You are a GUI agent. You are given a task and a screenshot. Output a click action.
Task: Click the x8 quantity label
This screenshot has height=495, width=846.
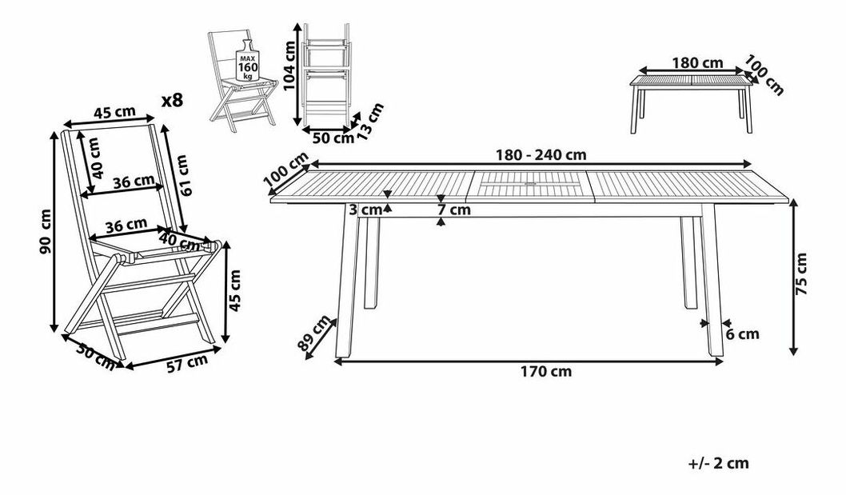pyautogui.click(x=172, y=101)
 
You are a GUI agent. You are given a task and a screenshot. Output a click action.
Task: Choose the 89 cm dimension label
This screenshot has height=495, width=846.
pyautogui.click(x=316, y=334)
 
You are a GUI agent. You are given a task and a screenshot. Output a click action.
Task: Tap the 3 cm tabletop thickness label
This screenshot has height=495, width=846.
pyautogui.click(x=366, y=210)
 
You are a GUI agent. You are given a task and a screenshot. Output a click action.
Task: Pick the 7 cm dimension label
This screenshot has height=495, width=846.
pyautogui.click(x=453, y=210)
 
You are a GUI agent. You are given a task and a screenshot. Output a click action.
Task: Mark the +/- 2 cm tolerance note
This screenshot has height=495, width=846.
pyautogui.click(x=717, y=463)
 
